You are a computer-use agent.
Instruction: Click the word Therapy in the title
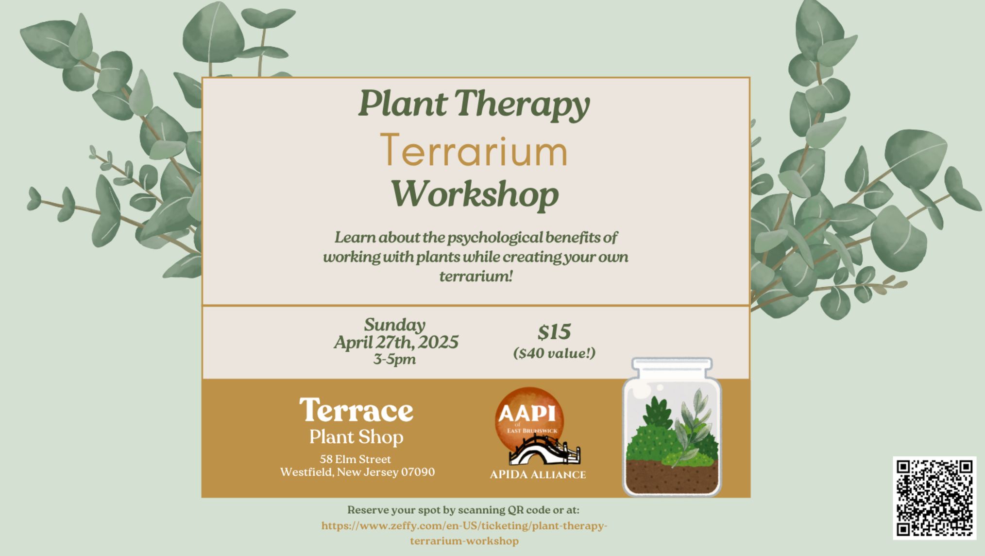522,104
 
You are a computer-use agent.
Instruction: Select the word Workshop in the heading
475,194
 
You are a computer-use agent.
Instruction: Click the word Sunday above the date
394,325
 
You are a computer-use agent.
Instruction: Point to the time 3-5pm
394,360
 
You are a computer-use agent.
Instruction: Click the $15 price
554,332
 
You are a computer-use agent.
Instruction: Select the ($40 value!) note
554,353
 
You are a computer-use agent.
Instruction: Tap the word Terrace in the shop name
356,411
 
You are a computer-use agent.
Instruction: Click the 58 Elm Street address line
355,459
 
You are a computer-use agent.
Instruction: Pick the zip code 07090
418,472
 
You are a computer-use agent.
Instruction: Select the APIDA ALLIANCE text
538,475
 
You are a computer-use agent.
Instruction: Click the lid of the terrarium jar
672,367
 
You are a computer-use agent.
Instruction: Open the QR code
934,498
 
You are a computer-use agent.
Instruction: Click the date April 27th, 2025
396,343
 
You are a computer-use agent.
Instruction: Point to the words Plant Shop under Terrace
356,437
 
